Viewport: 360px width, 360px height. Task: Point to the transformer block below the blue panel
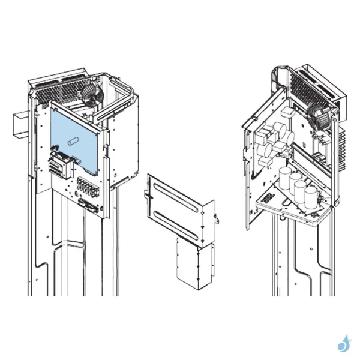coord(60,161)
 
